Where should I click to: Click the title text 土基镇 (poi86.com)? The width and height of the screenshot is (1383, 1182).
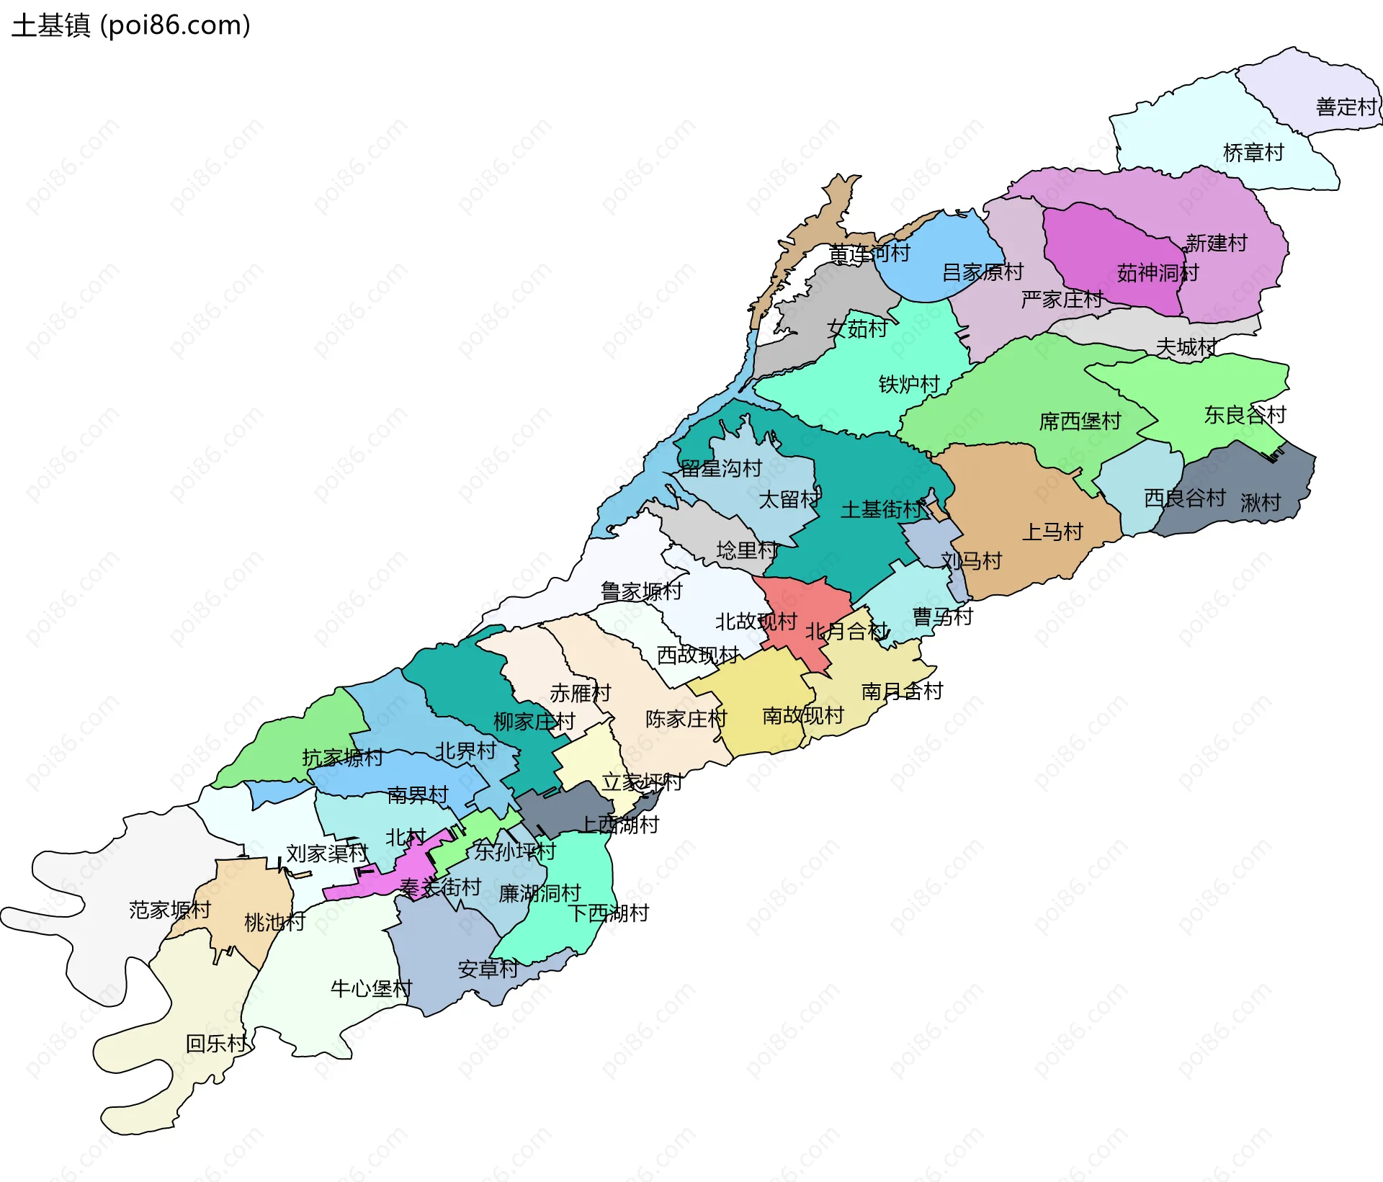pos(131,25)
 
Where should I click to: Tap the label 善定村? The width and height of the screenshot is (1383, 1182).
pos(1346,107)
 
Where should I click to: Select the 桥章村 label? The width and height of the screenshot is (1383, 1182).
pos(1253,153)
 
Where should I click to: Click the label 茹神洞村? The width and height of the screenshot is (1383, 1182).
pos(1158,273)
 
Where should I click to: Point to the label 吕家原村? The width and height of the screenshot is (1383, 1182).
pos(983,272)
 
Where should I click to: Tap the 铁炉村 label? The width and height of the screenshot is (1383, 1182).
pos(909,385)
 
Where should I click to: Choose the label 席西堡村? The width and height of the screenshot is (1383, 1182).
pos(1080,421)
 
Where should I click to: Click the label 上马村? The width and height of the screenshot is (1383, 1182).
pos(1052,532)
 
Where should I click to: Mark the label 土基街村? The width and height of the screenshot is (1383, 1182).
pos(882,510)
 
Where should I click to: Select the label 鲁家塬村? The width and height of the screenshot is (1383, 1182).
pos(641,591)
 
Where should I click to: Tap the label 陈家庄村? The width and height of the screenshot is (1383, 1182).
pos(686,719)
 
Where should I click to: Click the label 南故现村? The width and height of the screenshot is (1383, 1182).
pos(802,715)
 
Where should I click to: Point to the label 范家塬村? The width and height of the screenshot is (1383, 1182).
pos(170,910)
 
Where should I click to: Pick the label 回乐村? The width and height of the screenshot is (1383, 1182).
pos(216,1044)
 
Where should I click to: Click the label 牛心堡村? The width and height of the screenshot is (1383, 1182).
pos(371,988)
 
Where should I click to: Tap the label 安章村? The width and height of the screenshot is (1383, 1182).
pos(488,970)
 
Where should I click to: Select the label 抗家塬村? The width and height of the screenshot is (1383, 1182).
pos(342,758)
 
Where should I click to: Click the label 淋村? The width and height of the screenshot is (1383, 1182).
pos(1261,503)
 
